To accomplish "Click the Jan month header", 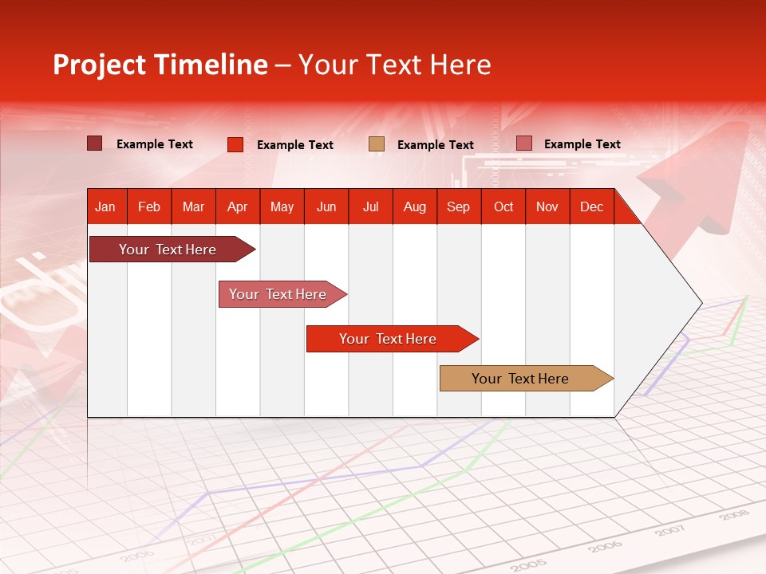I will click(105, 206).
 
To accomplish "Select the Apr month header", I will click(237, 206).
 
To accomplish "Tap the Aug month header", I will click(414, 206).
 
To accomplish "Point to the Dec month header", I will click(591, 206).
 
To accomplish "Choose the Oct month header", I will click(503, 206).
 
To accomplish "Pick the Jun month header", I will click(326, 206).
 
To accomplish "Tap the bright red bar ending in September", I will click(389, 339).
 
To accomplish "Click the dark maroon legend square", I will click(94, 143).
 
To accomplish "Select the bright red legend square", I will click(235, 144).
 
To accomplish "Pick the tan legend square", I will click(377, 144).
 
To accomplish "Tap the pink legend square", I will click(523, 143).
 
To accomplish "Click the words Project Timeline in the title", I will click(160, 65).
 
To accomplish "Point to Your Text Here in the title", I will click(394, 65).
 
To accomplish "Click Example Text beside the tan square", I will click(435, 145).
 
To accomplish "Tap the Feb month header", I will click(149, 206).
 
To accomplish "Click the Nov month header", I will click(547, 206).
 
